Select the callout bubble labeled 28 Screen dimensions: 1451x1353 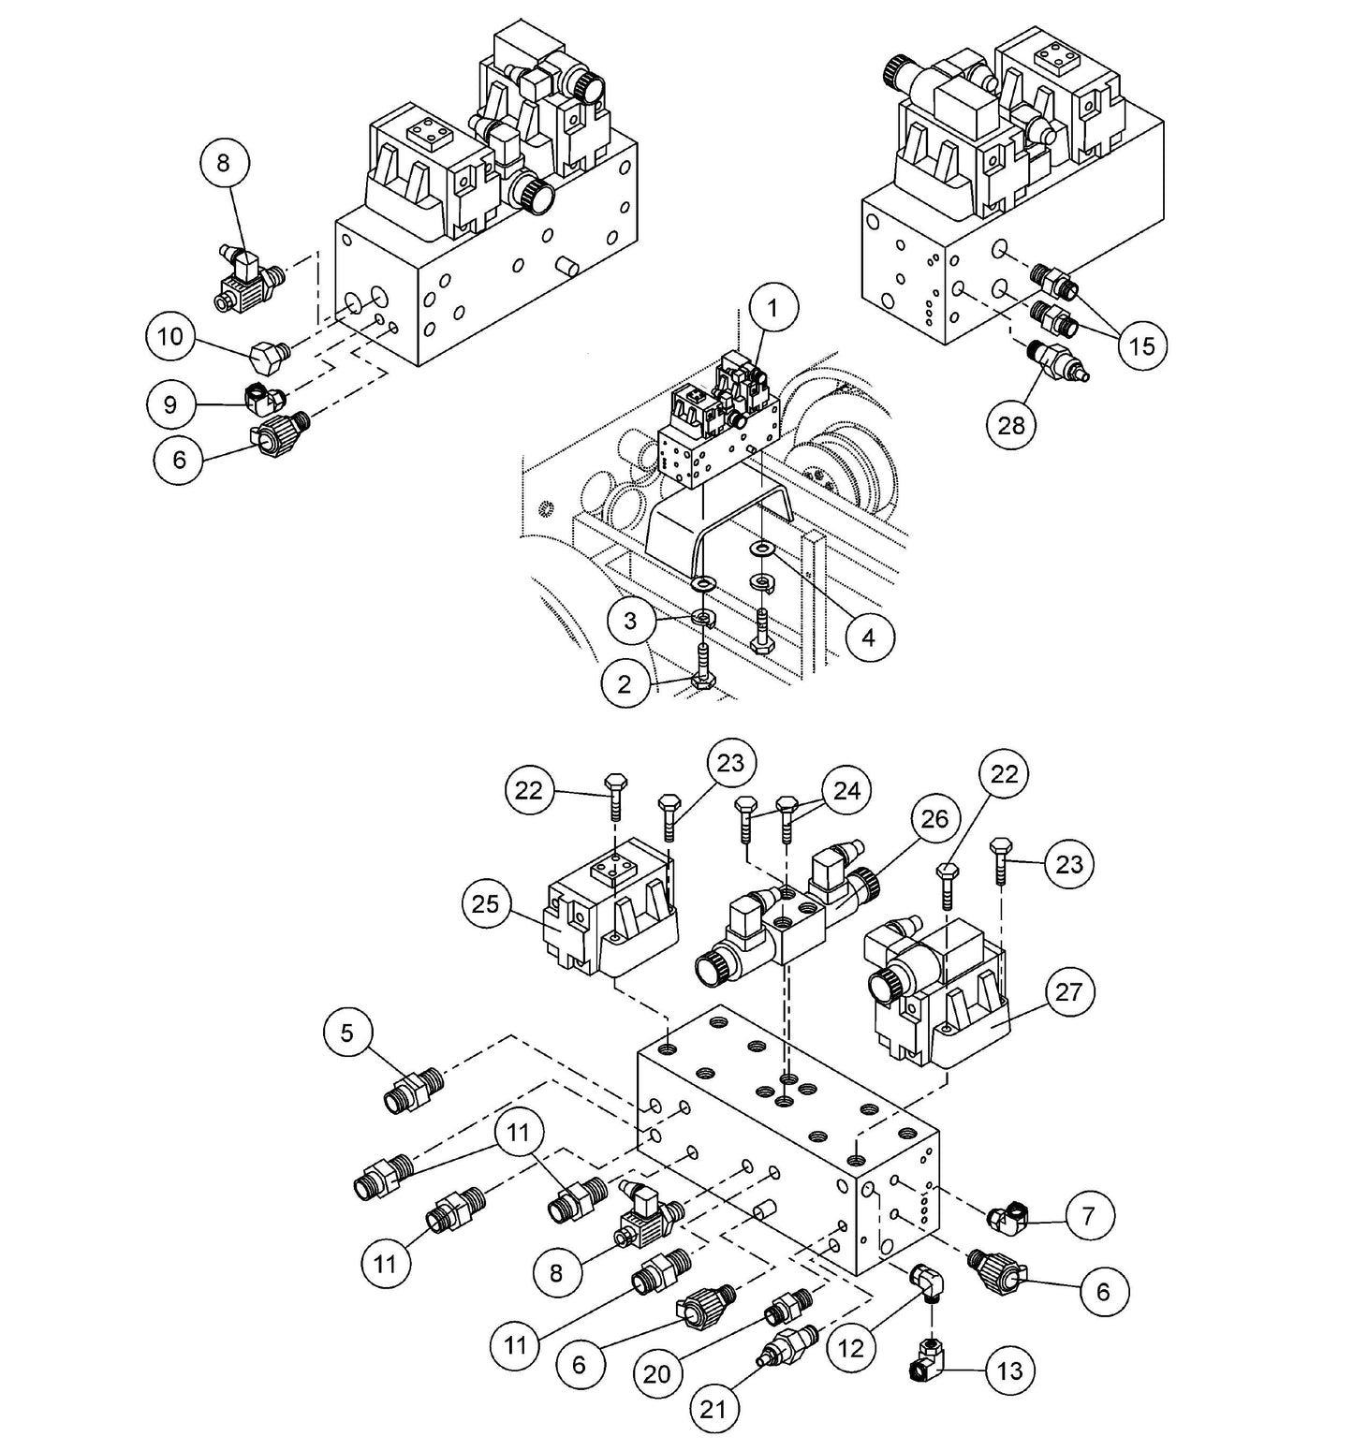[1011, 425]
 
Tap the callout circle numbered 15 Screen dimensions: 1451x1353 [1141, 346]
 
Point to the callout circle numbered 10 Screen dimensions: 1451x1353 [170, 336]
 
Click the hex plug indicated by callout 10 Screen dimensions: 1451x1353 [269, 354]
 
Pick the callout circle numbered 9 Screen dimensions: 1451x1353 [170, 404]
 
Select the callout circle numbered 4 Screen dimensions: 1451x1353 [868, 638]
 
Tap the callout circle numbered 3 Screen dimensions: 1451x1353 [630, 620]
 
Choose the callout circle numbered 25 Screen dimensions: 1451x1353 [487, 904]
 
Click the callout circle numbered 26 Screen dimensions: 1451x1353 [934, 819]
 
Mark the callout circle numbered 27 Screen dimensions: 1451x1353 [1068, 992]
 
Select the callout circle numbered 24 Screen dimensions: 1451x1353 [846, 790]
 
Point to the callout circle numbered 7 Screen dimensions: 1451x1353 [1087, 1216]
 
